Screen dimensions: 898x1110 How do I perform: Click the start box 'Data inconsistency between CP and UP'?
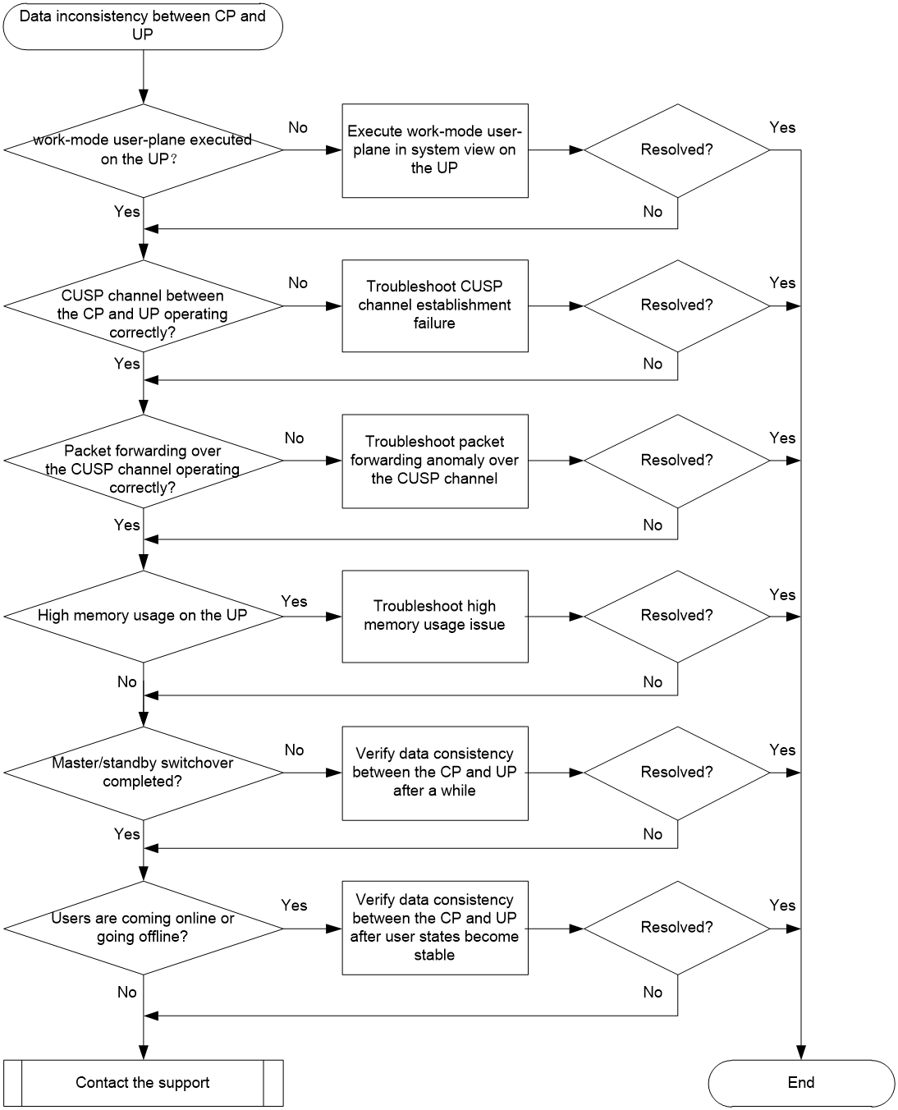(143, 26)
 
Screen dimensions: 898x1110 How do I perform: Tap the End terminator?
(800, 1083)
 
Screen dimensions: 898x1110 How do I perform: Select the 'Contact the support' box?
(144, 1083)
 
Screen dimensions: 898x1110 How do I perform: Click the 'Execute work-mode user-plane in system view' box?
(435, 150)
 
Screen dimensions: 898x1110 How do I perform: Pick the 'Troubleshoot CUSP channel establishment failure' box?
(435, 306)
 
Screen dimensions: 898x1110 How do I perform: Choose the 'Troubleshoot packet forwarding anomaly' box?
(435, 461)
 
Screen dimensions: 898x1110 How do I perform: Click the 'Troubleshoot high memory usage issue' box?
(435, 617)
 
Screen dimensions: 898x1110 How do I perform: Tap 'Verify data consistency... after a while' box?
(435, 773)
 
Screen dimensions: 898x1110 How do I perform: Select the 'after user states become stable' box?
(435, 928)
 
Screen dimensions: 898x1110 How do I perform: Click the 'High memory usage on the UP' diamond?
(144, 617)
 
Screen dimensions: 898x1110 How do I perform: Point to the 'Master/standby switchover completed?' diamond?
(144, 773)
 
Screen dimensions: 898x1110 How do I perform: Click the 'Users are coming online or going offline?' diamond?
(144, 928)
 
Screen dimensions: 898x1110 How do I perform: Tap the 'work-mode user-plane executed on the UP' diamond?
(144, 150)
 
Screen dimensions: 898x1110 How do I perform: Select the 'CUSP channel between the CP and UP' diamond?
(144, 306)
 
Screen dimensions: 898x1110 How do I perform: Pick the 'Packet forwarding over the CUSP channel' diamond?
(144, 461)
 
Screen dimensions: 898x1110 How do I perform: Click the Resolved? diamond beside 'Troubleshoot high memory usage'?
(677, 617)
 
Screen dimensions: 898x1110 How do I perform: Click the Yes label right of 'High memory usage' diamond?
(295, 601)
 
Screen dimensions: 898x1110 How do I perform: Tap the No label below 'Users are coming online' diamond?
(127, 993)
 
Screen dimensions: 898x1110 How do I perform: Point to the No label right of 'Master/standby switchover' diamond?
(295, 750)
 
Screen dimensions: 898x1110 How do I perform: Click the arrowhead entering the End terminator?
(800, 1053)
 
